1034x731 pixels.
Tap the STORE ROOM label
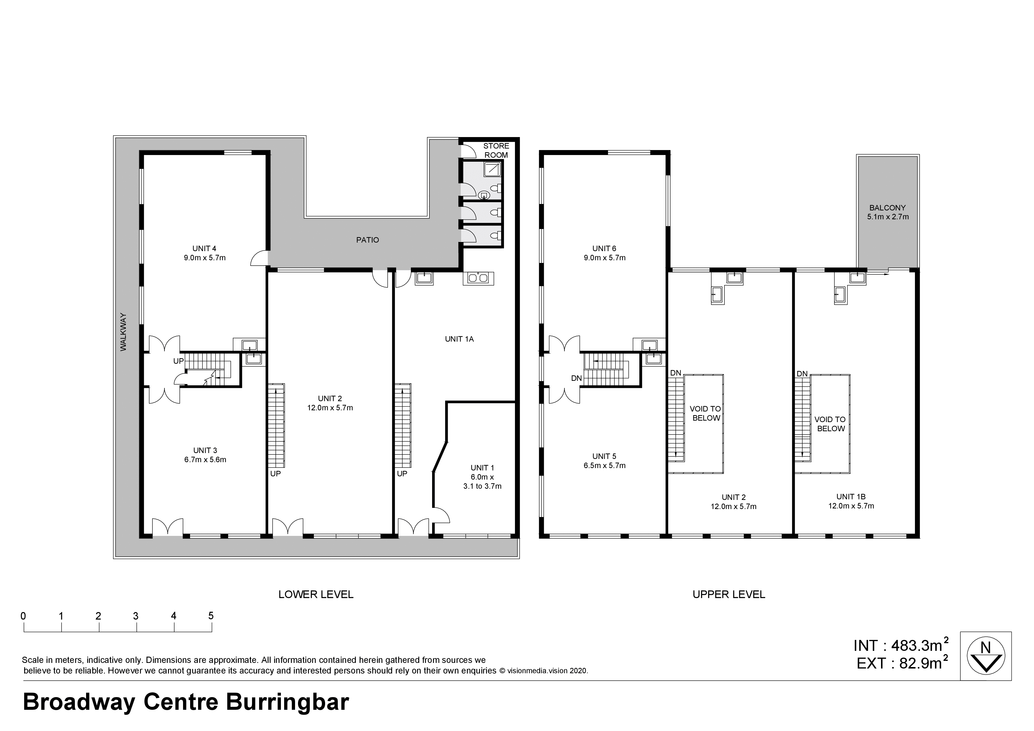point(496,150)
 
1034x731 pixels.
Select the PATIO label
point(368,240)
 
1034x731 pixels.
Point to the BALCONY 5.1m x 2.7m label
point(888,212)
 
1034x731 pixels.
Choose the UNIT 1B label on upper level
point(851,497)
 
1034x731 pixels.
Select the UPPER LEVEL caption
point(729,594)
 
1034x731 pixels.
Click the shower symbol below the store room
point(492,169)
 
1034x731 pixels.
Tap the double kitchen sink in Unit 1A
point(478,278)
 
